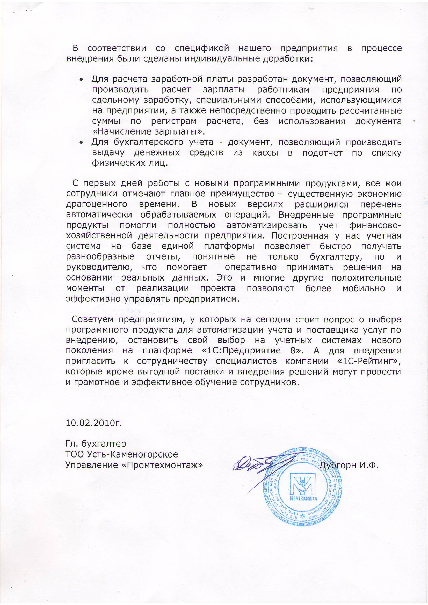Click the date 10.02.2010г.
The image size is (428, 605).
pos(94,423)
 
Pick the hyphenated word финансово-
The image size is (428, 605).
pos(375,226)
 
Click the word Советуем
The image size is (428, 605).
pos(92,319)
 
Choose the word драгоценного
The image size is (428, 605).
pos(97,204)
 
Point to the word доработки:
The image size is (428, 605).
pos(287,58)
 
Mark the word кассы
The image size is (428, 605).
pos(265,153)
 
